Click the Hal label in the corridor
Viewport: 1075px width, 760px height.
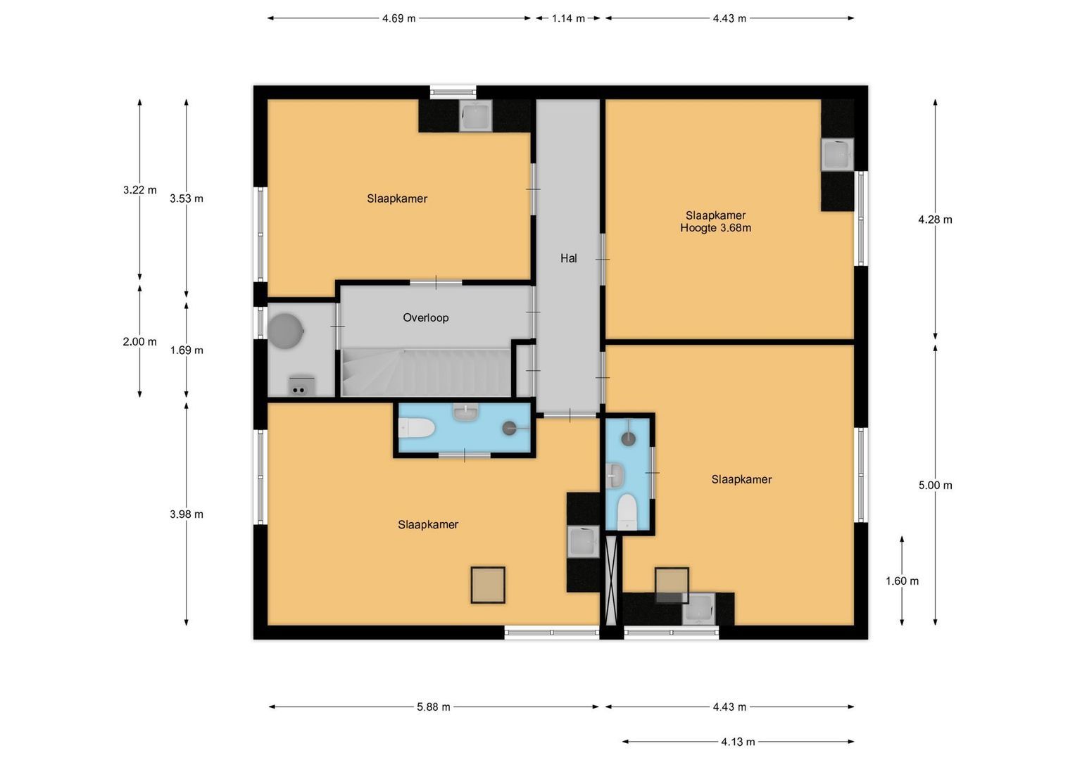click(568, 258)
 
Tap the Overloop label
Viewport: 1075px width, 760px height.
click(425, 317)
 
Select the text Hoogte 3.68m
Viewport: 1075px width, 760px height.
click(715, 228)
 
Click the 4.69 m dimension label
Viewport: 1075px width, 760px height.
click(398, 18)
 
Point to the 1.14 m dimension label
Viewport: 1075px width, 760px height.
click(568, 18)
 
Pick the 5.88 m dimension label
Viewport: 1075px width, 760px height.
click(433, 707)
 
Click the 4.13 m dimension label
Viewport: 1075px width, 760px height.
click(738, 742)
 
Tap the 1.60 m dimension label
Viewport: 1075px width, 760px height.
click(902, 581)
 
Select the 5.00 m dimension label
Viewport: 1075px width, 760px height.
click(935, 485)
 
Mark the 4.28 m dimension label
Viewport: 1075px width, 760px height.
click(935, 220)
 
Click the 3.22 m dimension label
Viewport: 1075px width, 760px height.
click(139, 190)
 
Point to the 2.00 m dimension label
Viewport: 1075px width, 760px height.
click(139, 342)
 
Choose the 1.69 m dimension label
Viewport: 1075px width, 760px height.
click(187, 350)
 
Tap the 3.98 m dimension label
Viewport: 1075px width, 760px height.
click(187, 514)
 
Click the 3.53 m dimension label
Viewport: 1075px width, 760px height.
click(187, 198)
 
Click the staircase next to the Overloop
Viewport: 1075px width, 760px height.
click(426, 372)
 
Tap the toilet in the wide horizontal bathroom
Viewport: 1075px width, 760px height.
click(416, 428)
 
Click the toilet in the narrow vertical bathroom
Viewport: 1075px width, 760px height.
click(627, 511)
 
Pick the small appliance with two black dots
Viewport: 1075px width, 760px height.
click(299, 387)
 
